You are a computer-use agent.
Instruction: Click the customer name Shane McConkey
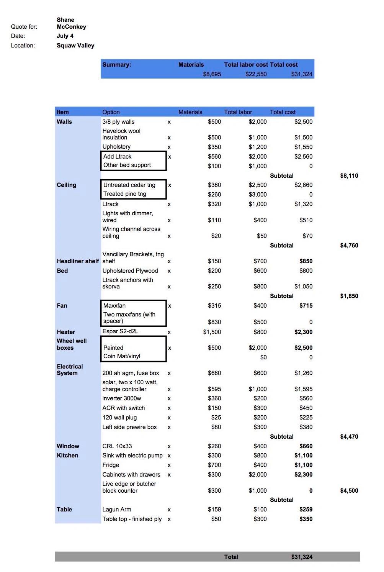tap(71, 23)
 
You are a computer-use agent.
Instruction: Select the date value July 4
tap(65, 36)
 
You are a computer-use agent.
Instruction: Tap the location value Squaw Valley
tap(75, 46)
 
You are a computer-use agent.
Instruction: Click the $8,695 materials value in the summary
tap(212, 74)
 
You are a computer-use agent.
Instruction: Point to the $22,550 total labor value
tap(256, 74)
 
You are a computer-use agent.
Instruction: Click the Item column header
tap(63, 112)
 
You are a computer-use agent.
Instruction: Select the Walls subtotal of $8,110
tap(349, 176)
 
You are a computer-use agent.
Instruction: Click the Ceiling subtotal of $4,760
tap(349, 246)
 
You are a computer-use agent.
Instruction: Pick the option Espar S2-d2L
tap(120, 331)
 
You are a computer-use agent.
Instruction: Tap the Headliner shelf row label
tap(78, 261)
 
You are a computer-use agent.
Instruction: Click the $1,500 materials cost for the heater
tap(212, 332)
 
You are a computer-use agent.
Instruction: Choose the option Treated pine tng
tap(125, 194)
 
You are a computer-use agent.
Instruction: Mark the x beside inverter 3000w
tap(169, 399)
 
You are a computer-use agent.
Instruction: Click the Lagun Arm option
tap(117, 510)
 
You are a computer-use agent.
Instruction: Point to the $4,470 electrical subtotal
tap(349, 437)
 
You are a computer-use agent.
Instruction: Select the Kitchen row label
tap(67, 456)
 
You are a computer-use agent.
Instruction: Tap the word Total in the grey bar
tap(231, 557)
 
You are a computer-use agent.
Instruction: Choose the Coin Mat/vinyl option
tap(122, 356)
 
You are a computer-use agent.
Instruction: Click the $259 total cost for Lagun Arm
tap(306, 510)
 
